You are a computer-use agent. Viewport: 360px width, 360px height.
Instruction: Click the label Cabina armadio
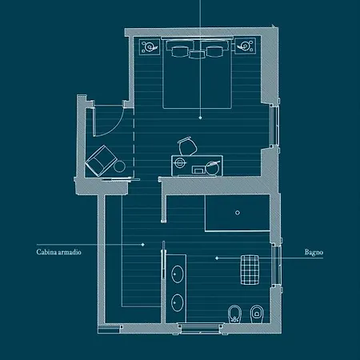pyautogui.click(x=58, y=252)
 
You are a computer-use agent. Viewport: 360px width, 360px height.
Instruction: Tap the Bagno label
pyautogui.click(x=314, y=252)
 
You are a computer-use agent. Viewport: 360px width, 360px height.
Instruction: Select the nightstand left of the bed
pyautogui.click(x=150, y=47)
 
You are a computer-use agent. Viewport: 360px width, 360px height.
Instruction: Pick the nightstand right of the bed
pyautogui.click(x=245, y=46)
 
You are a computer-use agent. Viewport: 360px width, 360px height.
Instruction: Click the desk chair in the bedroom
pyautogui.click(x=187, y=146)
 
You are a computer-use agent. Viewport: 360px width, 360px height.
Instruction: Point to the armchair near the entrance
pyautogui.click(x=101, y=161)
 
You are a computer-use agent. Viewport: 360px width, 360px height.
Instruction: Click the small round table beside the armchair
pyautogui.click(x=119, y=166)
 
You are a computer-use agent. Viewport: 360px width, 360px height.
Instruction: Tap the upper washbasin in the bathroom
pyautogui.click(x=177, y=274)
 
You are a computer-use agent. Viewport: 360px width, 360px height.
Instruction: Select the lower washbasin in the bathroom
pyautogui.click(x=177, y=302)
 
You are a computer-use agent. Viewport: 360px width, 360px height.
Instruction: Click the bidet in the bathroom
pyautogui.click(x=234, y=314)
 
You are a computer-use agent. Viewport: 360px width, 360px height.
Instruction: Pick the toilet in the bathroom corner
pyautogui.click(x=257, y=314)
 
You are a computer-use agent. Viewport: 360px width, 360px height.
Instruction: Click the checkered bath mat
pyautogui.click(x=250, y=270)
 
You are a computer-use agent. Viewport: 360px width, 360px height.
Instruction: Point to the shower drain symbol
pyautogui.click(x=238, y=213)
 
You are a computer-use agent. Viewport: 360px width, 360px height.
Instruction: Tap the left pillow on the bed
pyautogui.click(x=179, y=51)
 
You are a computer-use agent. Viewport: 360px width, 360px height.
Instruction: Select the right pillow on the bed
pyautogui.click(x=214, y=51)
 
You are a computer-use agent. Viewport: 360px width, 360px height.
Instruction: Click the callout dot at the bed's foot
pyautogui.click(x=200, y=118)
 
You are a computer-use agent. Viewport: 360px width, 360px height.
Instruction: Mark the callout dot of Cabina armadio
pyautogui.click(x=143, y=244)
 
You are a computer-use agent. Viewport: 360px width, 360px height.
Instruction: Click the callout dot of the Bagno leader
pyautogui.click(x=217, y=258)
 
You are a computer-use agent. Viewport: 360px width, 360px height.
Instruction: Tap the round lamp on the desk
pyautogui.click(x=212, y=168)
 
